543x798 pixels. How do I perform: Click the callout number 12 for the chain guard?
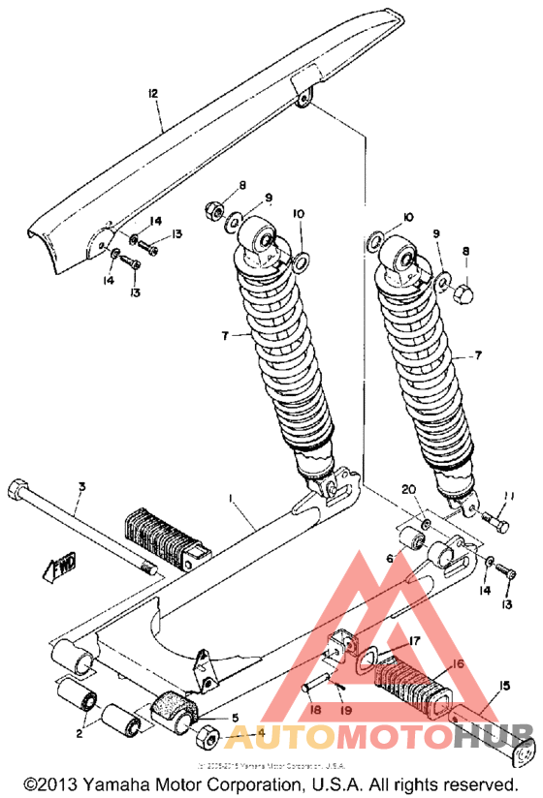tap(152, 93)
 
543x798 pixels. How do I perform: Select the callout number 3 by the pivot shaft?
tap(82, 486)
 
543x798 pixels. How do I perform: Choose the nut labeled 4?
tap(207, 736)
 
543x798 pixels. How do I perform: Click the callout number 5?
tap(233, 718)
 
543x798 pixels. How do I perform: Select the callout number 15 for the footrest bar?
tap(503, 686)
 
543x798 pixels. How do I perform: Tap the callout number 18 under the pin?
tap(313, 710)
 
